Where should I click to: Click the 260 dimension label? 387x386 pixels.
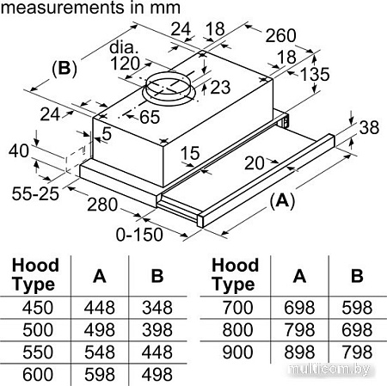(x=280, y=36)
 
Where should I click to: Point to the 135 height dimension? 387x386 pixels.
(x=315, y=74)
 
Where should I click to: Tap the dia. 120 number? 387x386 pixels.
(x=126, y=64)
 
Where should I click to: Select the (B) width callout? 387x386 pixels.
(x=64, y=69)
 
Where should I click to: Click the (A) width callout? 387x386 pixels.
(x=282, y=200)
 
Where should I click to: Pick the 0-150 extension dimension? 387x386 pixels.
(x=139, y=235)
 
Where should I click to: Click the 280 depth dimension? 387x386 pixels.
(x=102, y=205)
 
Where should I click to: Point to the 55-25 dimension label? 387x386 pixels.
(x=35, y=193)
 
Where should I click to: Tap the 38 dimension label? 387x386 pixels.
(x=369, y=127)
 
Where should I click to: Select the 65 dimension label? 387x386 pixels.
(x=150, y=117)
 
